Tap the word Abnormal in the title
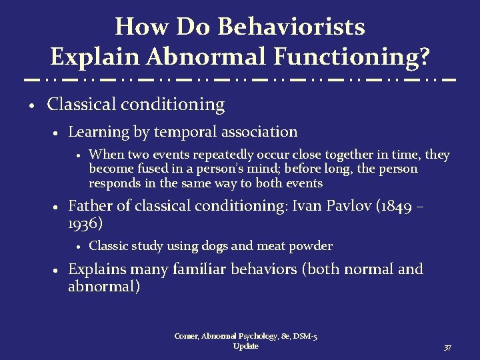pyautogui.click(x=201, y=57)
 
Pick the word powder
pyautogui.click(x=310, y=246)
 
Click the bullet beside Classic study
pyautogui.click(x=78, y=247)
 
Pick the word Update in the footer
pyautogui.click(x=246, y=347)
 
